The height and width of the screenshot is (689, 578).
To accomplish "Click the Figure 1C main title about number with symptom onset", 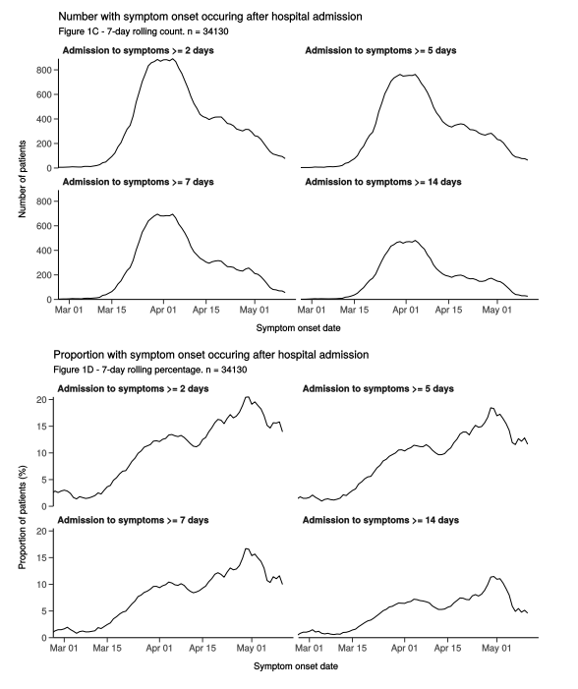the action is click(x=210, y=17).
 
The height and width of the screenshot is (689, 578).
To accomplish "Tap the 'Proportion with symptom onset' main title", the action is click(x=211, y=355).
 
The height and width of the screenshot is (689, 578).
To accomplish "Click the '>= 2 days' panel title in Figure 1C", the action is click(x=138, y=50).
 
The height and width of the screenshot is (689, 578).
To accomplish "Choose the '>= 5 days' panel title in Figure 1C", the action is click(x=380, y=50).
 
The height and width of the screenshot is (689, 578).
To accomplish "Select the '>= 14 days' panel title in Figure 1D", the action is click(x=380, y=520).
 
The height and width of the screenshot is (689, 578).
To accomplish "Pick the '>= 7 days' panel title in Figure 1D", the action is click(x=133, y=520).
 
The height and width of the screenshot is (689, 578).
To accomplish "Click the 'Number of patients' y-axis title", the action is click(x=23, y=179).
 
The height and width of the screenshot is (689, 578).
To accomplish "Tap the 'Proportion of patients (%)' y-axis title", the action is click(x=23, y=517).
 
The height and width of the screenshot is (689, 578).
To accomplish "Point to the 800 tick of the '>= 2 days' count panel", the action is click(x=45, y=70).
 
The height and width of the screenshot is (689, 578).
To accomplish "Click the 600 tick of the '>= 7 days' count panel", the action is click(x=45, y=226).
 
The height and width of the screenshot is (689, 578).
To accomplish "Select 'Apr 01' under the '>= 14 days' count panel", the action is click(x=406, y=311).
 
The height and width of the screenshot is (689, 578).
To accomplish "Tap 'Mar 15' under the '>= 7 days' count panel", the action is click(x=112, y=311).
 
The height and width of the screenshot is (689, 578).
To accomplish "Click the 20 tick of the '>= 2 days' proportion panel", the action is click(x=41, y=400).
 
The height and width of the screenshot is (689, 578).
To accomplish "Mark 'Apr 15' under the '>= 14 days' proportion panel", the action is click(x=447, y=648).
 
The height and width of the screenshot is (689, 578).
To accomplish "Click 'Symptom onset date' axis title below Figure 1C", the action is click(x=298, y=328).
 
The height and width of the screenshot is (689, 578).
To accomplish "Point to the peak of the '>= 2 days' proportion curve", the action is click(x=247, y=397).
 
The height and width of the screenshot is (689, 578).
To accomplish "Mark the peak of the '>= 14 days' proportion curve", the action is click(x=492, y=577).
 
